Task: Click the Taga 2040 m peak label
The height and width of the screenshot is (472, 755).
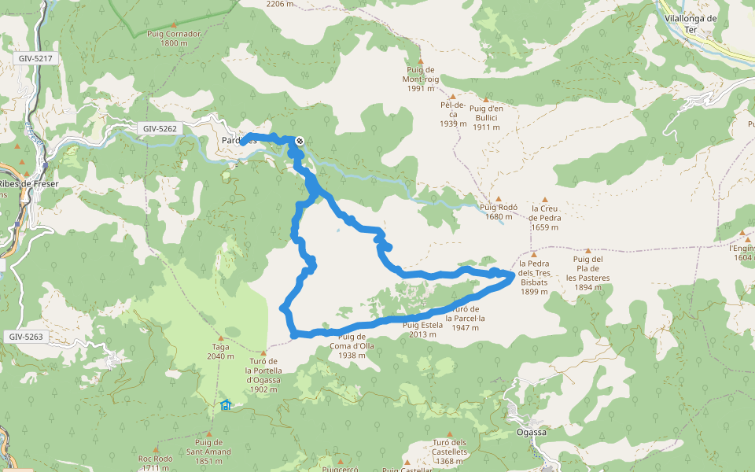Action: tap(220, 351)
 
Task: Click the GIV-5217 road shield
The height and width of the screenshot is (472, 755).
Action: tap(35, 59)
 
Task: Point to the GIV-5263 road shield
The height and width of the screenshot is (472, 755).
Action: tap(28, 337)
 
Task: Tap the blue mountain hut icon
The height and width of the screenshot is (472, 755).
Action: tap(226, 405)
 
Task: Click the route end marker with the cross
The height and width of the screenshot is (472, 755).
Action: tap(300, 141)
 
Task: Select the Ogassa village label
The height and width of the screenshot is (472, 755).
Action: tap(531, 432)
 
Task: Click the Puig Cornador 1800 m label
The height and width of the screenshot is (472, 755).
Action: tap(174, 39)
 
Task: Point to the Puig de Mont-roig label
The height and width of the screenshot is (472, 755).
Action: tap(421, 79)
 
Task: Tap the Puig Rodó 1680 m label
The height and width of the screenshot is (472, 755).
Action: tap(501, 212)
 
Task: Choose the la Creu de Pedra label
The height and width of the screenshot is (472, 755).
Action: tap(544, 218)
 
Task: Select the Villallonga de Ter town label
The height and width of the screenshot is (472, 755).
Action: tap(691, 24)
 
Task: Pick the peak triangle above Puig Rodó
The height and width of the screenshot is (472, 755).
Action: tap(497, 198)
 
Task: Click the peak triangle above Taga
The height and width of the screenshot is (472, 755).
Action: tap(221, 338)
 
